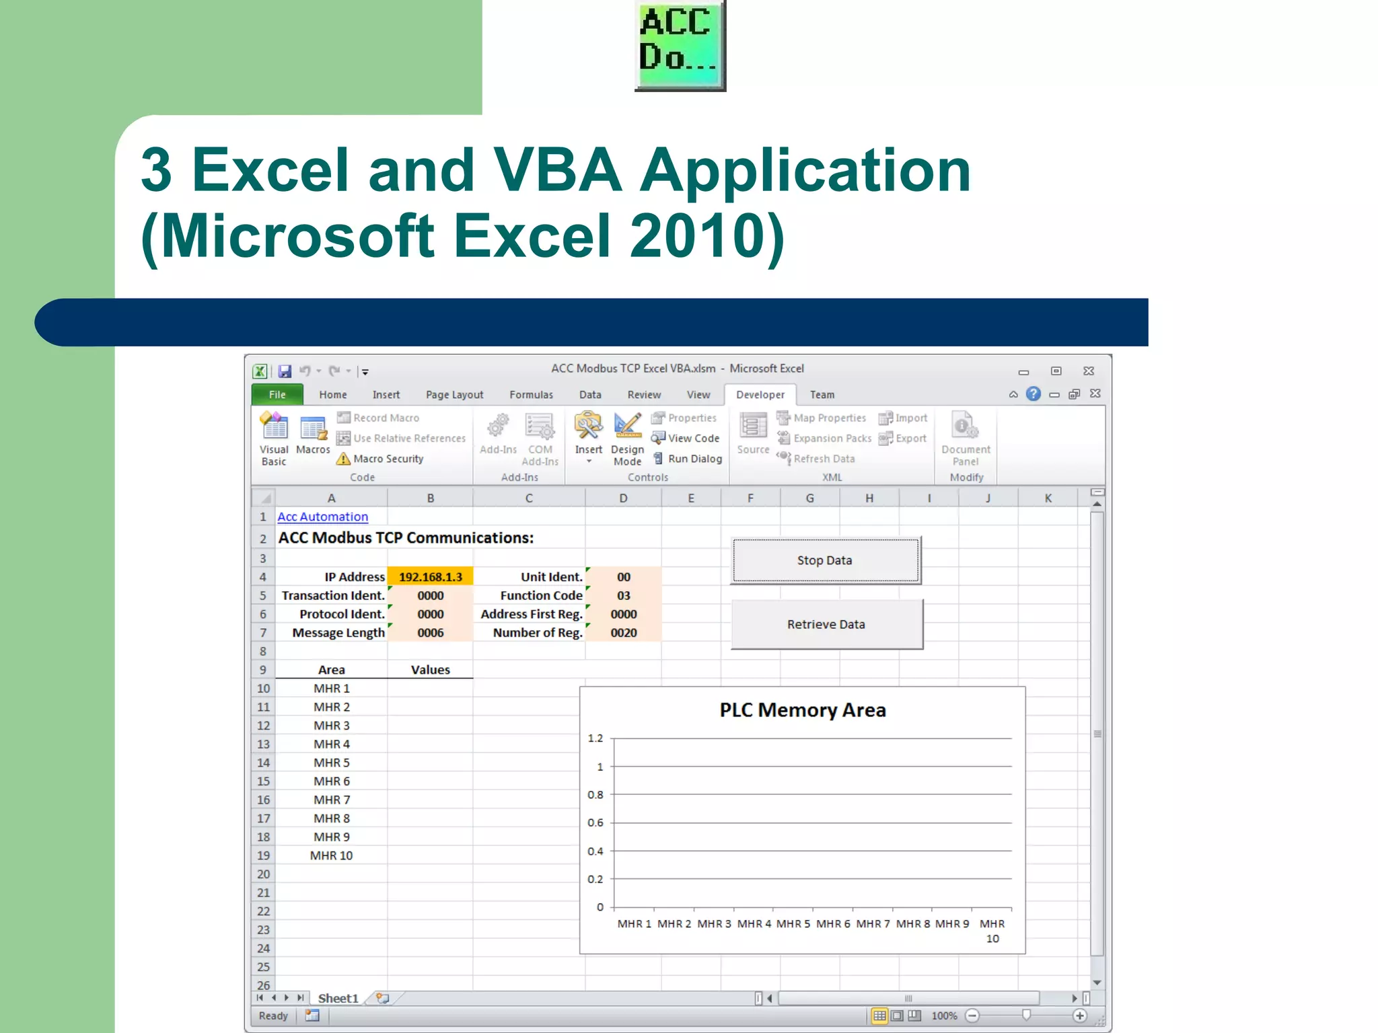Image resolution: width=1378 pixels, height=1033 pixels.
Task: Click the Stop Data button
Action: [825, 560]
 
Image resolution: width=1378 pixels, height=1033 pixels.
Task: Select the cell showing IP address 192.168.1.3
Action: [430, 577]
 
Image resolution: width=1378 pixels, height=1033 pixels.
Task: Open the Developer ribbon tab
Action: [760, 395]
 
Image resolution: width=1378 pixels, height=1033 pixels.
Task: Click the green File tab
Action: [277, 395]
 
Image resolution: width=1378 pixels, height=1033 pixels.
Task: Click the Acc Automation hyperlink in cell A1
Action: [323, 516]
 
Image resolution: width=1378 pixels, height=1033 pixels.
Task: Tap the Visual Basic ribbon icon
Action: [274, 438]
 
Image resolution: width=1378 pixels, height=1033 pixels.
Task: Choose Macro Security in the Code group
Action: [388, 459]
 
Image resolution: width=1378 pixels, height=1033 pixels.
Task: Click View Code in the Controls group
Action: [693, 438]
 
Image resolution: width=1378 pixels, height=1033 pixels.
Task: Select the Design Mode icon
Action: [627, 438]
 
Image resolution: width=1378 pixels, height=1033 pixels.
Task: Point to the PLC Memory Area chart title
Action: [802, 710]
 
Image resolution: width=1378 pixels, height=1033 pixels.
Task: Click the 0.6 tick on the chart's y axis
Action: [595, 822]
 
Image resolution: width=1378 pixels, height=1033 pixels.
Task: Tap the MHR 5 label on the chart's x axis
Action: [793, 924]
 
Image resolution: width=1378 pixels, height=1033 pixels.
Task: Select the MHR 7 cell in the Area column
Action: [331, 800]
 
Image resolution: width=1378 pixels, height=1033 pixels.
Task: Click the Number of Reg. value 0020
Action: [623, 633]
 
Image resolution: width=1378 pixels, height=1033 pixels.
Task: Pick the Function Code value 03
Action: [623, 596]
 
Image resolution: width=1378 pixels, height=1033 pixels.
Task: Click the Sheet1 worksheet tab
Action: [338, 998]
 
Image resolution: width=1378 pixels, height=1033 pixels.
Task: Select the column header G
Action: [809, 498]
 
